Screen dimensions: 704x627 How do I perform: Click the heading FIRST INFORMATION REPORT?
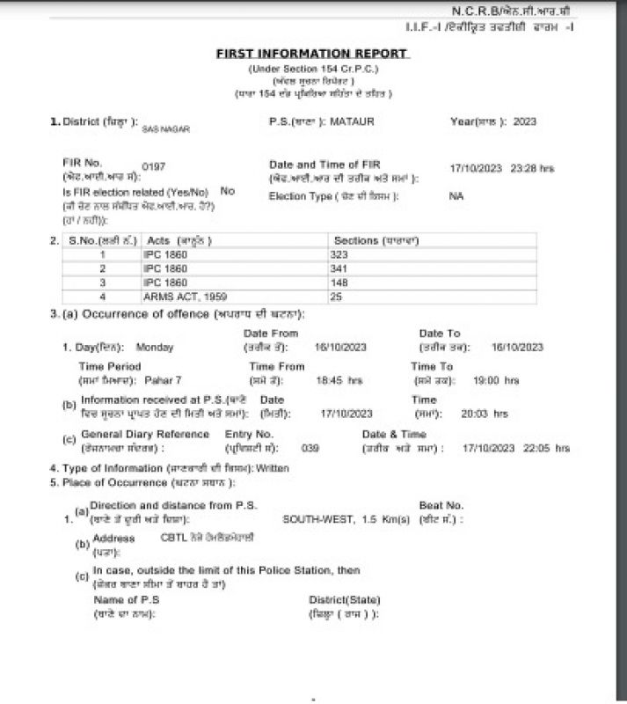(311, 54)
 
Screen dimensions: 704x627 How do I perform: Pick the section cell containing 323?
(339, 254)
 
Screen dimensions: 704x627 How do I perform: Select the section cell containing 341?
(339, 268)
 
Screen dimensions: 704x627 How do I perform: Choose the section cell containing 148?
(339, 282)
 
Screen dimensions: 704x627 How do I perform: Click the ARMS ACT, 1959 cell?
(179, 297)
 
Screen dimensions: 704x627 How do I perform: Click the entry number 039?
(310, 448)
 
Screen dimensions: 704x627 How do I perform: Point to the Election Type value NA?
(456, 195)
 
